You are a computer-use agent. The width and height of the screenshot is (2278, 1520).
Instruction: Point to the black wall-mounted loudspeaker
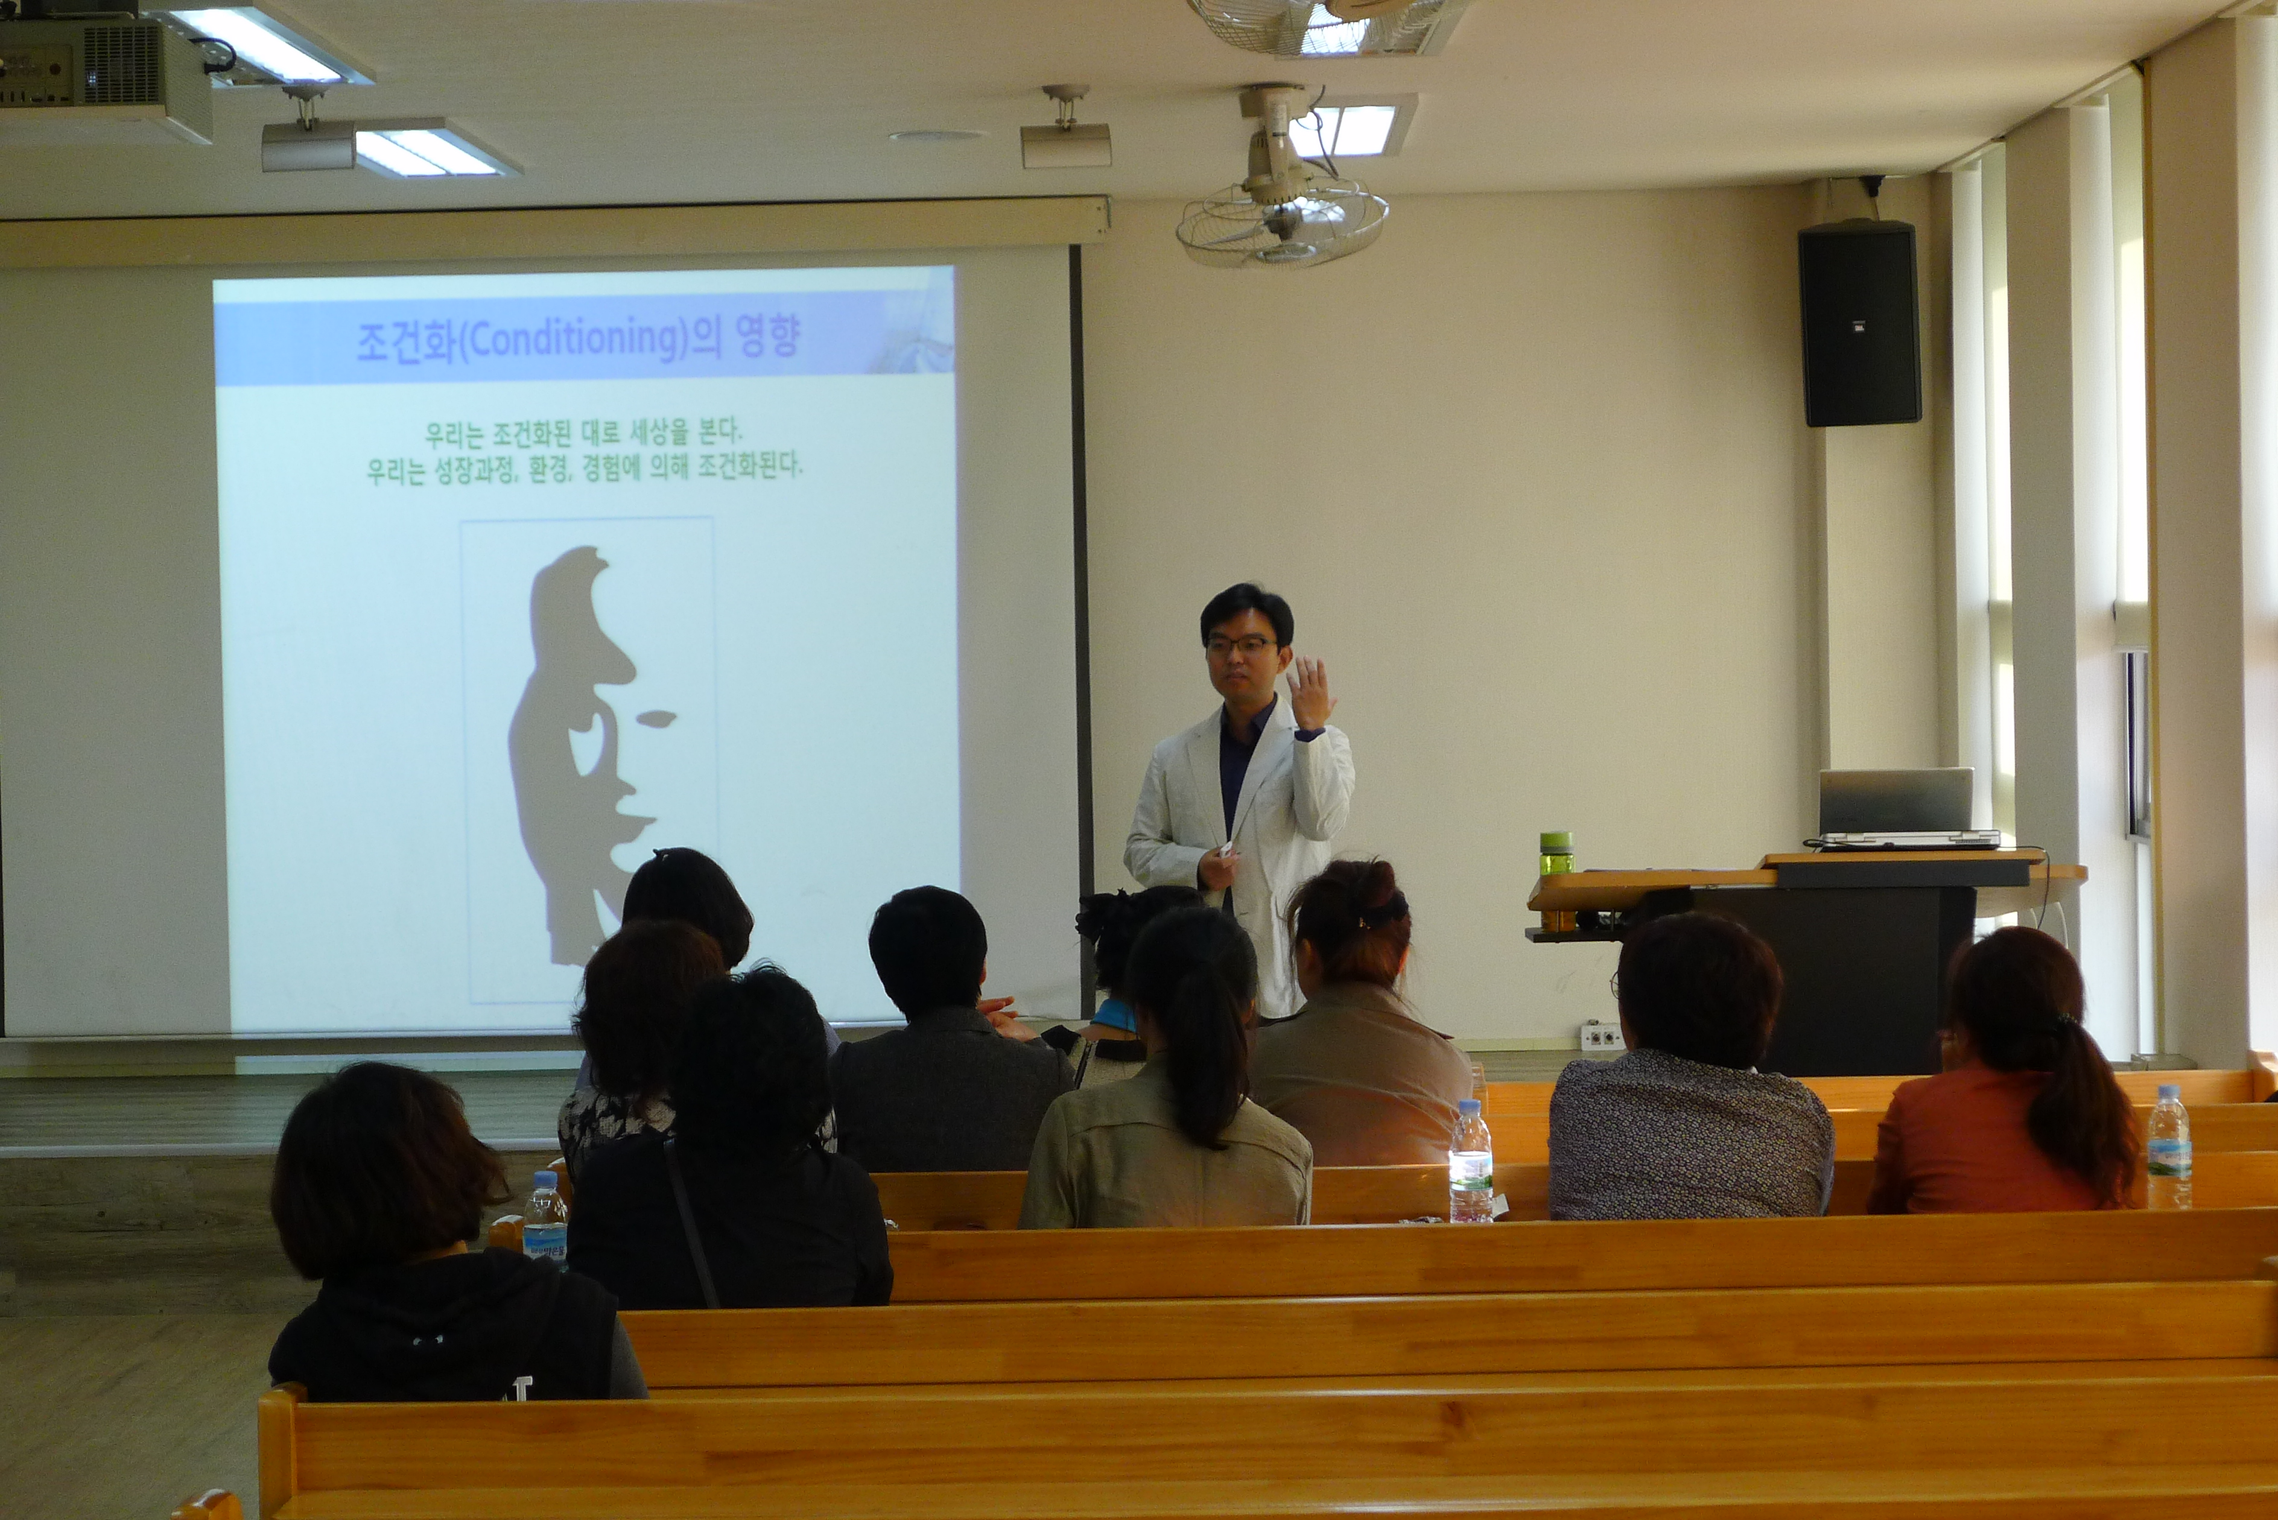coord(1858,323)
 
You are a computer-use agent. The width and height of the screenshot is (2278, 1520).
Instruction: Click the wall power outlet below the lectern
coord(1601,1036)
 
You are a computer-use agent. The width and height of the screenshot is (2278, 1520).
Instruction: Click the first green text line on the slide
coord(583,432)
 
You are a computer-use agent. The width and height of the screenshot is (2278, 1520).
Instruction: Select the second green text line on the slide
coord(585,468)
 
